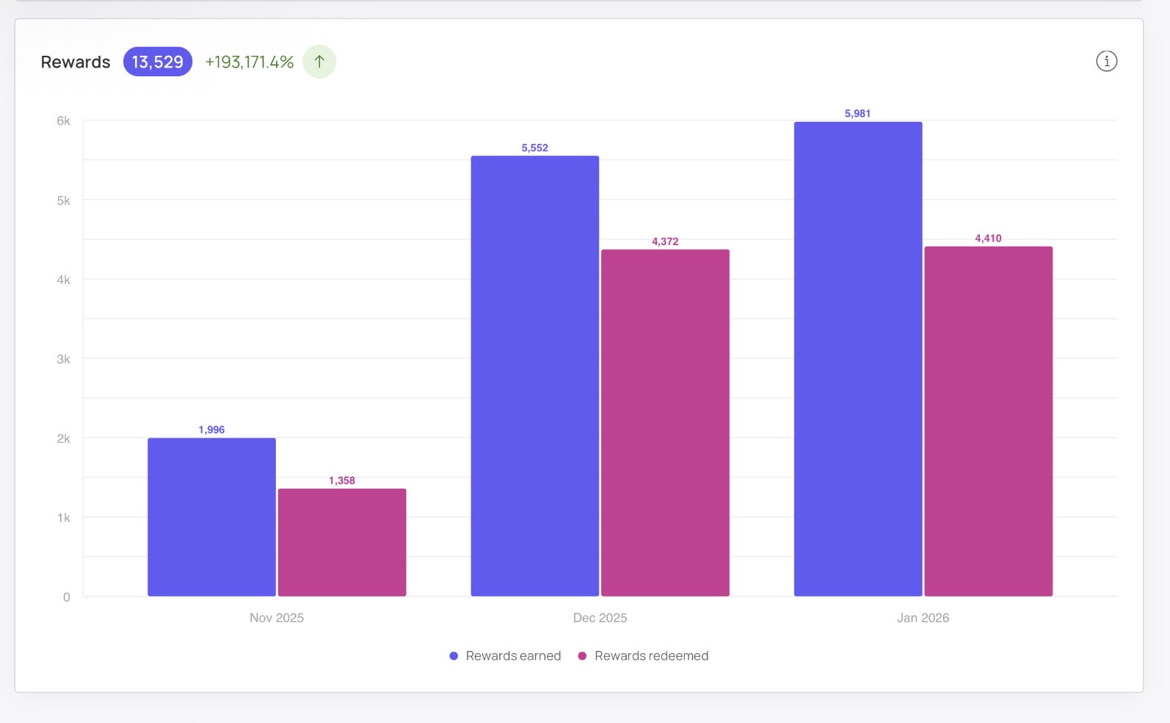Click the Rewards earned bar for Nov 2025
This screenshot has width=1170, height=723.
click(211, 517)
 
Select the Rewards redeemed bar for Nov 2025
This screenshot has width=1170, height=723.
click(342, 542)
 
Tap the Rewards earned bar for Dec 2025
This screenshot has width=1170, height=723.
click(535, 376)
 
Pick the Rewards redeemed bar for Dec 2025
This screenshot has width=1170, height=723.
click(665, 423)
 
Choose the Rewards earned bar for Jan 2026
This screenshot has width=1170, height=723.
click(858, 359)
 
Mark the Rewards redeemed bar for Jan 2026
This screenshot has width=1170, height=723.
click(988, 421)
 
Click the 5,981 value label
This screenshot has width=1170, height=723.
click(857, 113)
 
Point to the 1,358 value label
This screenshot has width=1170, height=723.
click(341, 481)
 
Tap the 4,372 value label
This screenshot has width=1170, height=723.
click(665, 241)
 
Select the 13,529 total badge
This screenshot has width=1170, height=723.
click(158, 62)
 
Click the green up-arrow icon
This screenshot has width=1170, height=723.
click(319, 62)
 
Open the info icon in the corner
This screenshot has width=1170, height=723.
click(1106, 61)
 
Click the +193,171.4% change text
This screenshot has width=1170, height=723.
click(249, 62)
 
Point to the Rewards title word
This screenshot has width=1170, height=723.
click(75, 62)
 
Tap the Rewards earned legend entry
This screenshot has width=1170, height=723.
click(505, 655)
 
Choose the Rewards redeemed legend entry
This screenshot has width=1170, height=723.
click(643, 655)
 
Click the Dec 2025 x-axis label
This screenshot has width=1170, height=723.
click(600, 617)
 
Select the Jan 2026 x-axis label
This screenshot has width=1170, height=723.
click(923, 617)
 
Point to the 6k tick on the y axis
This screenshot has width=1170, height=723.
click(63, 120)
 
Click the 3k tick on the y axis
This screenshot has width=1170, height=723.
click(63, 359)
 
